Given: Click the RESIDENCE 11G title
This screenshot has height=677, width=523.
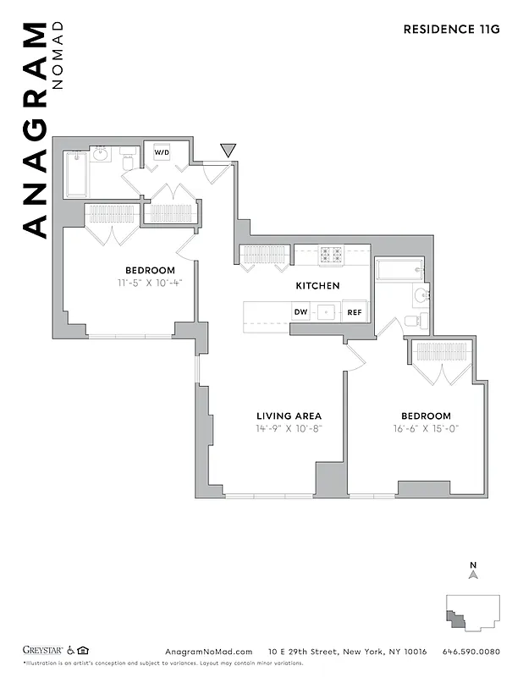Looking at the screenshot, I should (451, 29).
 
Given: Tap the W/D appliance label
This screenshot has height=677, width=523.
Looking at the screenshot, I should (161, 153).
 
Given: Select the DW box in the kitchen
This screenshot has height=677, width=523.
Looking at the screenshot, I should (300, 311).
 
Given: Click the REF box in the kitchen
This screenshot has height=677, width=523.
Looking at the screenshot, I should (355, 311).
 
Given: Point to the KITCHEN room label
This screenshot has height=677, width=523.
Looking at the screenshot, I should (317, 286).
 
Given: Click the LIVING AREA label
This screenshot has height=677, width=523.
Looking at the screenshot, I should (289, 416).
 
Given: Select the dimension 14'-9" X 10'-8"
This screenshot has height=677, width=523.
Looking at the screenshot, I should (289, 429).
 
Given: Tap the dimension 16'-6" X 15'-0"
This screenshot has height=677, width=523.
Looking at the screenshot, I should (425, 429).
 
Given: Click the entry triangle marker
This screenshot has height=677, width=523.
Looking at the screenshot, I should (227, 151).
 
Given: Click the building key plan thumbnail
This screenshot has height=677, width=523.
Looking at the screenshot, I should (472, 611).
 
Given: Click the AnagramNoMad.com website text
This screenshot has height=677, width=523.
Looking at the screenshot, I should (208, 652).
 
